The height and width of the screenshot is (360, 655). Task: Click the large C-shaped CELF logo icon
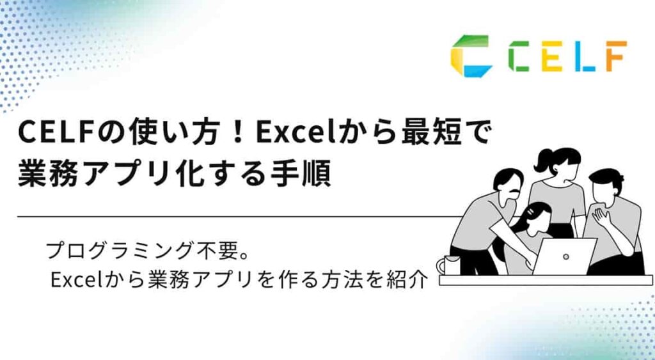(471, 56)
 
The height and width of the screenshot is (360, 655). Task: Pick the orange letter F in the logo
(613, 56)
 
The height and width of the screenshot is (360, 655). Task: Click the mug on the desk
(449, 264)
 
